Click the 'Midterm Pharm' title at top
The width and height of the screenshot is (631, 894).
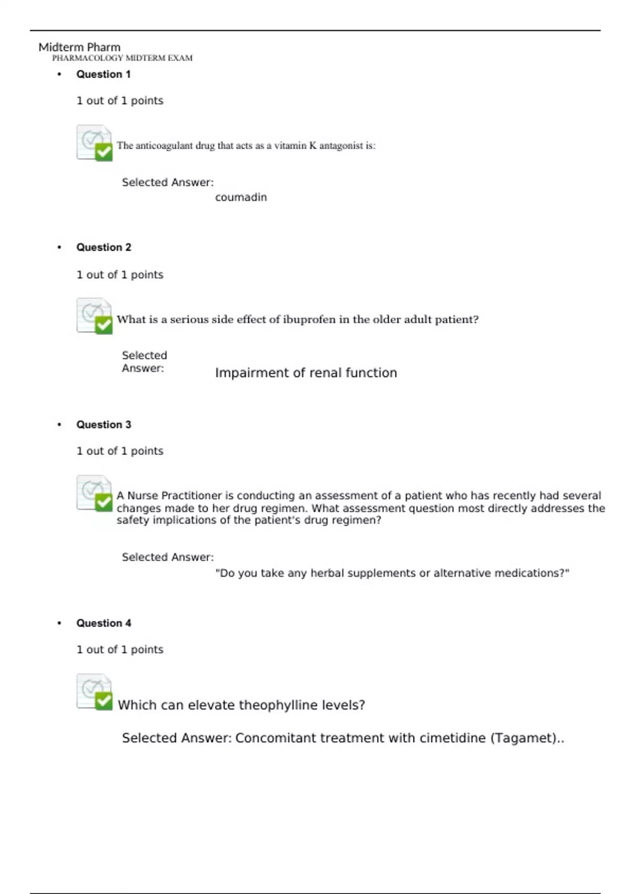pos(79,47)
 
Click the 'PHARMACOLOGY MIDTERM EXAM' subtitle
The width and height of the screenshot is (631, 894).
pos(122,58)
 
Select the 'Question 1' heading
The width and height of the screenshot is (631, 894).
pos(104,74)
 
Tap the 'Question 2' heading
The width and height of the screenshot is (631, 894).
pos(104,247)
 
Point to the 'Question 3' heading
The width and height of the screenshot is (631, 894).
pos(104,424)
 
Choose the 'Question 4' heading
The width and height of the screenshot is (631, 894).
pos(104,623)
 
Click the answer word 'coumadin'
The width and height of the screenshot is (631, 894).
pos(241,197)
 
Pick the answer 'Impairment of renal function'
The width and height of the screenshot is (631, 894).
pos(306,373)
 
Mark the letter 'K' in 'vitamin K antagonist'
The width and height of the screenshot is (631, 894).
pos(313,146)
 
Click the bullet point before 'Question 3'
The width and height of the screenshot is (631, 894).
pos(59,424)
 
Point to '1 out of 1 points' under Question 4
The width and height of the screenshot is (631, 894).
pos(120,649)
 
